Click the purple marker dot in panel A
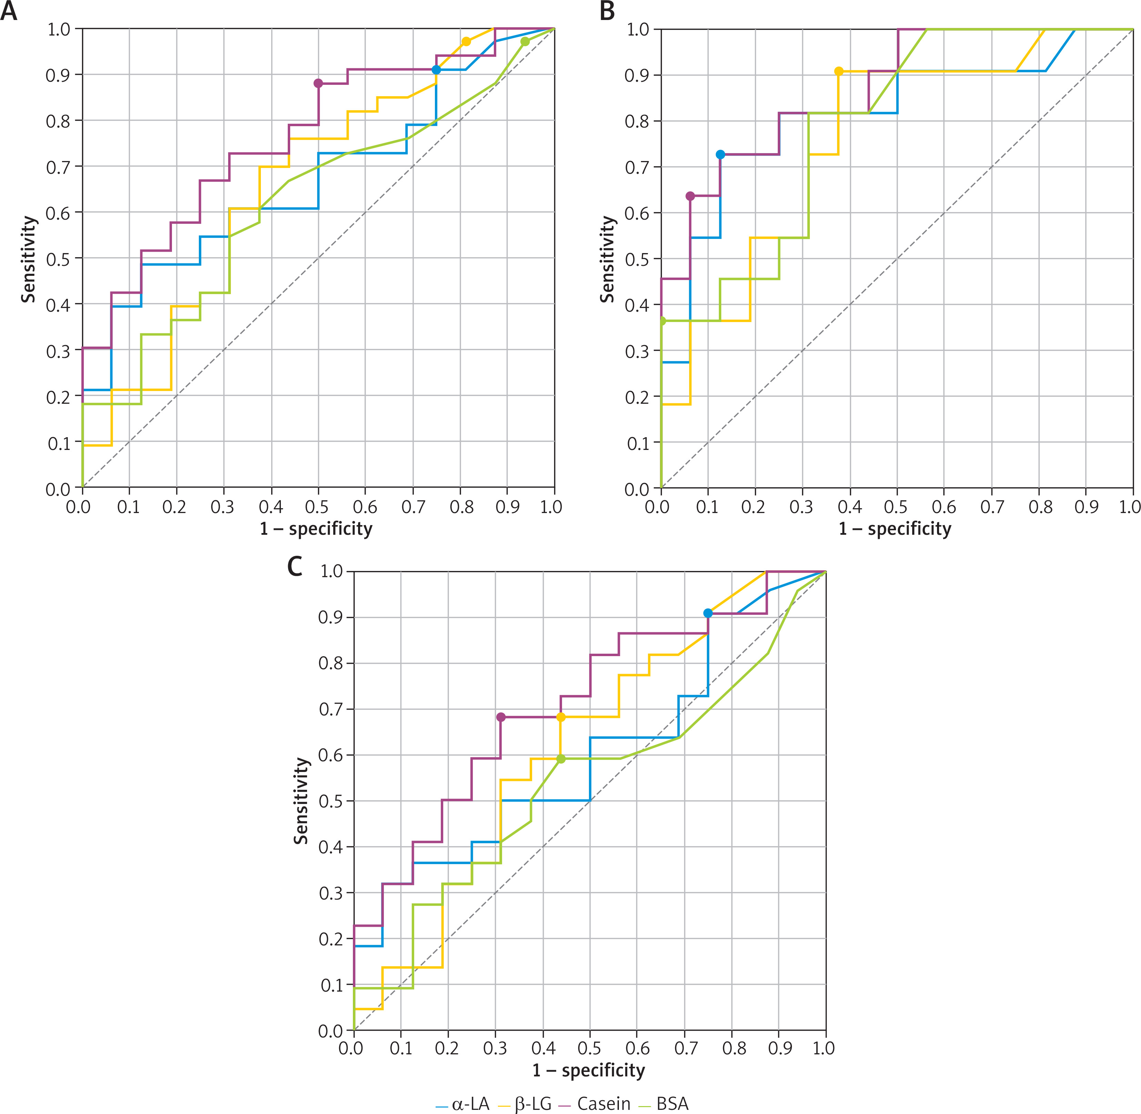tap(318, 83)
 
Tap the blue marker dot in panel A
tap(436, 70)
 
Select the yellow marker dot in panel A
tap(466, 41)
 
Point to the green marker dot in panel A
tap(525, 41)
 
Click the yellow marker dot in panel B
tap(839, 71)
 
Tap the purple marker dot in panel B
tap(690, 196)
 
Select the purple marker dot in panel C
tap(501, 717)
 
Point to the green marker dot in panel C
tap(561, 759)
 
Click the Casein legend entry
tap(595, 1103)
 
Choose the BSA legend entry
tap(664, 1103)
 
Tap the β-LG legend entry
tap(525, 1103)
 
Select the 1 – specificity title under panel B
tap(895, 529)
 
